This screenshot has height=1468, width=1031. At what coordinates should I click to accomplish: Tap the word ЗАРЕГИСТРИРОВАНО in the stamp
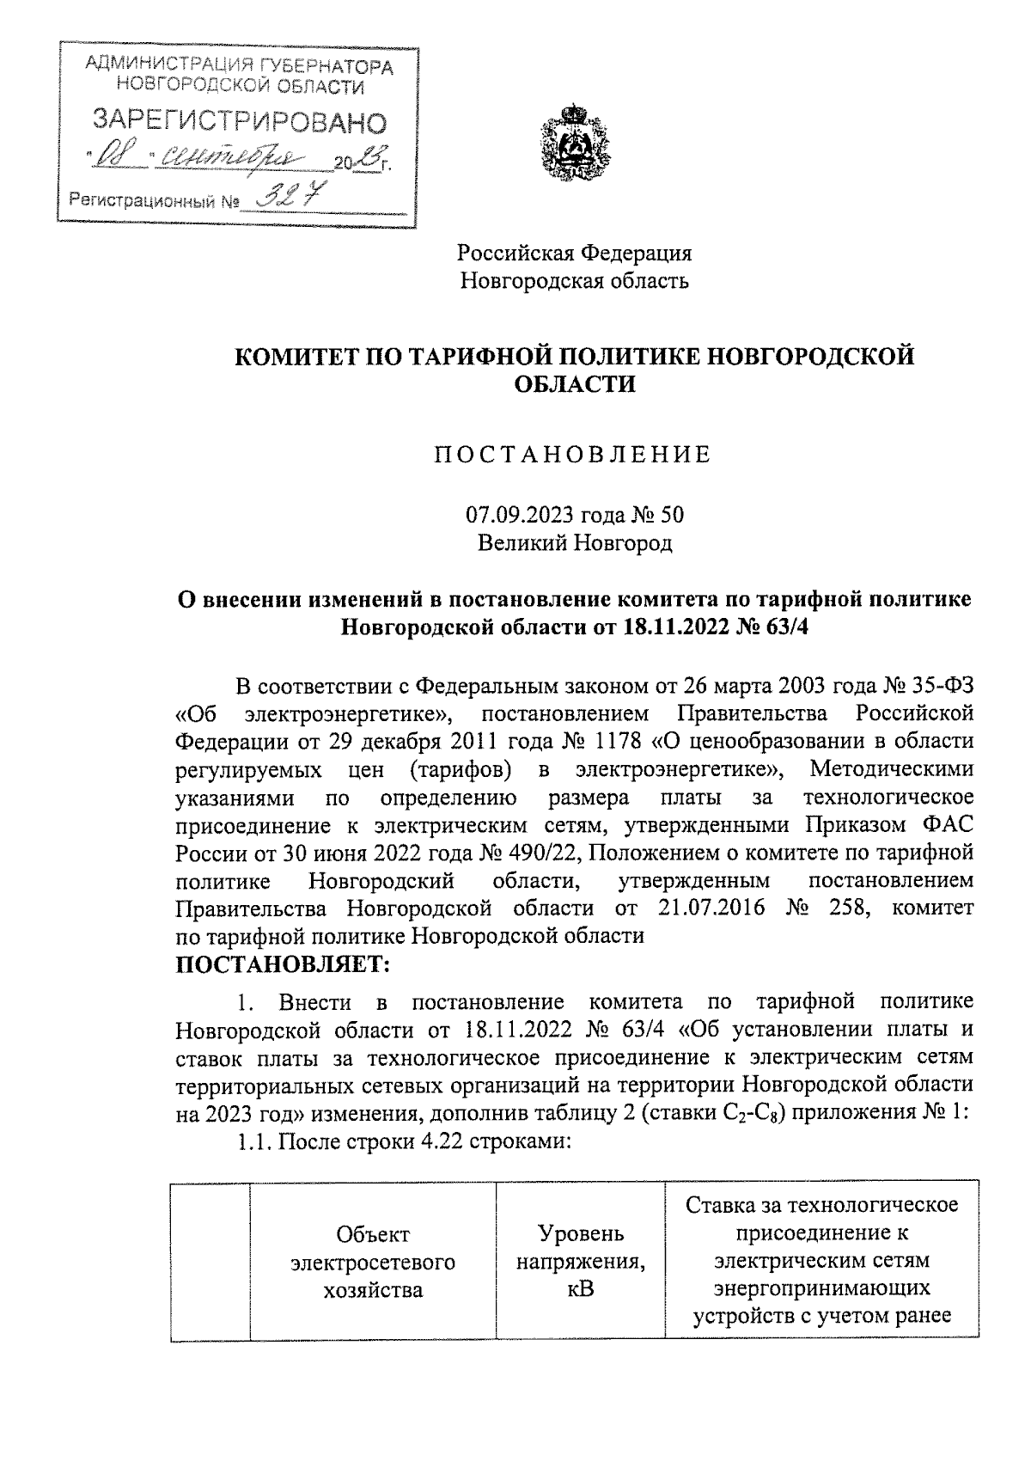pyautogui.click(x=239, y=121)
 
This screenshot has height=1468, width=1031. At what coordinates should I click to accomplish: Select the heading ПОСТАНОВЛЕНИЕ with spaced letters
pyautogui.click(x=572, y=454)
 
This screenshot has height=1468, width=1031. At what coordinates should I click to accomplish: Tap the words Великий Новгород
pyautogui.click(x=575, y=543)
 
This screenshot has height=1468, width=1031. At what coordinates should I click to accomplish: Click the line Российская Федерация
pyautogui.click(x=574, y=253)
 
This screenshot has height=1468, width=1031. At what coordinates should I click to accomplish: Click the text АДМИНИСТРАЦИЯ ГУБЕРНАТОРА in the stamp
pyautogui.click(x=240, y=66)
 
